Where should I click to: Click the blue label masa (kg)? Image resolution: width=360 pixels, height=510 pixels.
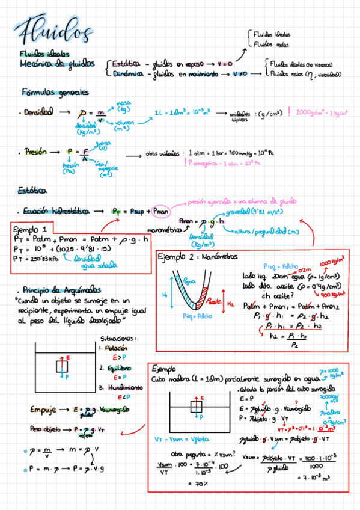[124, 106]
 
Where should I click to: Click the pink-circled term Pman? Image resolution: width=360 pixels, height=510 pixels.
[161, 212]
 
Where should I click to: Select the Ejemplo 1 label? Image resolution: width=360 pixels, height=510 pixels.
[32, 229]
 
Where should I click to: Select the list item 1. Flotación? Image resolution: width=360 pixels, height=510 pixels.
[116, 348]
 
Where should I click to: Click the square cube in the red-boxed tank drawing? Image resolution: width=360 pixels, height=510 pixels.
[197, 406]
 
